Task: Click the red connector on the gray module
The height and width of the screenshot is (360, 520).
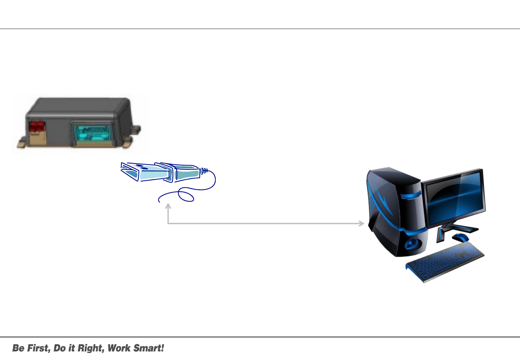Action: pos(37,126)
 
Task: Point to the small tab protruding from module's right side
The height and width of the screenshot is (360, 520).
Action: pos(136,129)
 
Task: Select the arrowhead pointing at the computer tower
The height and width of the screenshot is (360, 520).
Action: pos(361,223)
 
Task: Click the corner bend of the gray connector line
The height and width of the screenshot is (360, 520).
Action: pos(168,223)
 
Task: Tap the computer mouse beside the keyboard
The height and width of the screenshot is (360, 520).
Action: pos(460,238)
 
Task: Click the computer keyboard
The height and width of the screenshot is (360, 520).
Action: pos(445,262)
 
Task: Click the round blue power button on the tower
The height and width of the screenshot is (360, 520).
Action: pos(410,244)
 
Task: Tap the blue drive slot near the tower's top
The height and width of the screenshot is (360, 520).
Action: pos(410,196)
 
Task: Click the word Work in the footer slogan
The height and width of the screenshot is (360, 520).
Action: pos(119,348)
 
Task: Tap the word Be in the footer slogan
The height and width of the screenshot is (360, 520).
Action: pos(18,348)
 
